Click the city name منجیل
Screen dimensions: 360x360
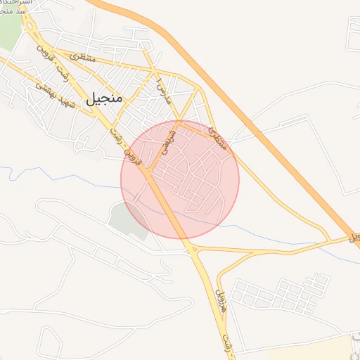(x=104, y=99)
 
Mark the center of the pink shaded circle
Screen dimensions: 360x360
(x=180, y=180)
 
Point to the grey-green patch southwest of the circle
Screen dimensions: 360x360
(x=127, y=219)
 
